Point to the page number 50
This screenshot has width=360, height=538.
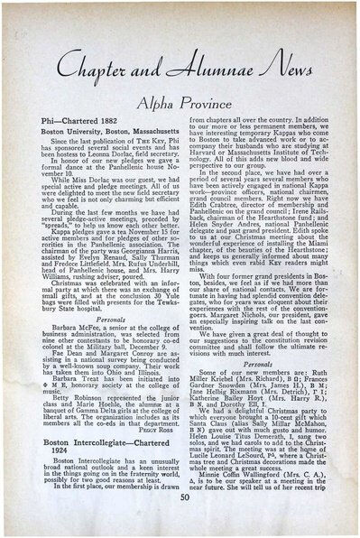180,521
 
